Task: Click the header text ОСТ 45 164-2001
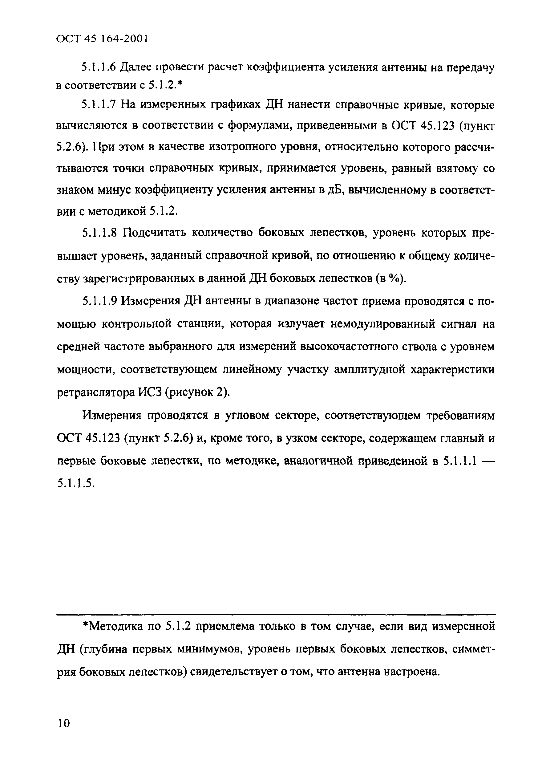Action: (x=102, y=39)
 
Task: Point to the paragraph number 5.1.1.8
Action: (x=99, y=233)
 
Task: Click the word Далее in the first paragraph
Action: (x=137, y=67)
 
